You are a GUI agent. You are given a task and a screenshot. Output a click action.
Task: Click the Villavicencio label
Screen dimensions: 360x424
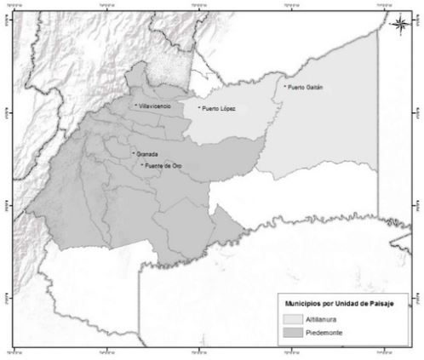[x=156, y=106]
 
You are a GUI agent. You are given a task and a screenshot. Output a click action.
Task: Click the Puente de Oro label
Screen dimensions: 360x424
[x=164, y=165]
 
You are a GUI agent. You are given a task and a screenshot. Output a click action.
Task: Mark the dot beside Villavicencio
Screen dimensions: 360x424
[x=135, y=105]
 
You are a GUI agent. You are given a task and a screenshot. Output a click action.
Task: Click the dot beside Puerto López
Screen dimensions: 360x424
[x=198, y=108]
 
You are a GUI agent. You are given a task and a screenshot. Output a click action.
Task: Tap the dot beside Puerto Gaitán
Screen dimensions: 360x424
[x=284, y=86]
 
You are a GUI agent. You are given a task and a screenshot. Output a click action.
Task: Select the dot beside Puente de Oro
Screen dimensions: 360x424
[x=142, y=164]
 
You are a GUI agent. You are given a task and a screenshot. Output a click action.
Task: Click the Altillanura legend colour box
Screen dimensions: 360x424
[x=295, y=318]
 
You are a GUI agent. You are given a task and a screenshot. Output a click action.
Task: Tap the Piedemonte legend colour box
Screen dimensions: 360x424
[x=295, y=333]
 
